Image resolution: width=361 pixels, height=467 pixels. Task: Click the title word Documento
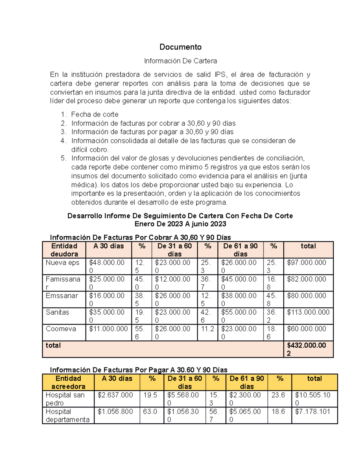[180, 47]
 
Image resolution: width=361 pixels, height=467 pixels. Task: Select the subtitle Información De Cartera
[180, 61]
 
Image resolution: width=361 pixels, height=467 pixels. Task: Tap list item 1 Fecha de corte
[94, 115]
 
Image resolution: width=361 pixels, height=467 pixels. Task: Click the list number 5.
[63, 158]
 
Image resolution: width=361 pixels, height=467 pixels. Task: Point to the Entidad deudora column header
[64, 250]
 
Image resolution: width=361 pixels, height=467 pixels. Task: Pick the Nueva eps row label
[62, 263]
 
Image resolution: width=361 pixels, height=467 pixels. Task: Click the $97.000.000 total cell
[306, 263]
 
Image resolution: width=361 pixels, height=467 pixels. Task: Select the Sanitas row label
[57, 312]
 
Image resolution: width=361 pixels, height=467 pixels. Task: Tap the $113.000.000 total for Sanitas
[308, 312]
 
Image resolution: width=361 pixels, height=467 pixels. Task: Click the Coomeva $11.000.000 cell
[108, 329]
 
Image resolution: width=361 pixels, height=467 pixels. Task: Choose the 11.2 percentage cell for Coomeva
[207, 329]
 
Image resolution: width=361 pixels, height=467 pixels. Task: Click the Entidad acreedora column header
[68, 382]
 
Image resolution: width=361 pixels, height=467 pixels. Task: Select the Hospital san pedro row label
[65, 399]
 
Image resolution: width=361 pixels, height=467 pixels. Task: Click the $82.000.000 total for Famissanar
[306, 279]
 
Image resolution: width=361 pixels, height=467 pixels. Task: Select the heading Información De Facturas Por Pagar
[138, 370]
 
